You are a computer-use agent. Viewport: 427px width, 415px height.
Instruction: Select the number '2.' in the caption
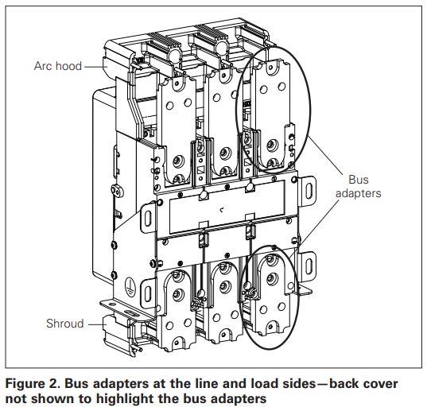pyautogui.click(x=59, y=384)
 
